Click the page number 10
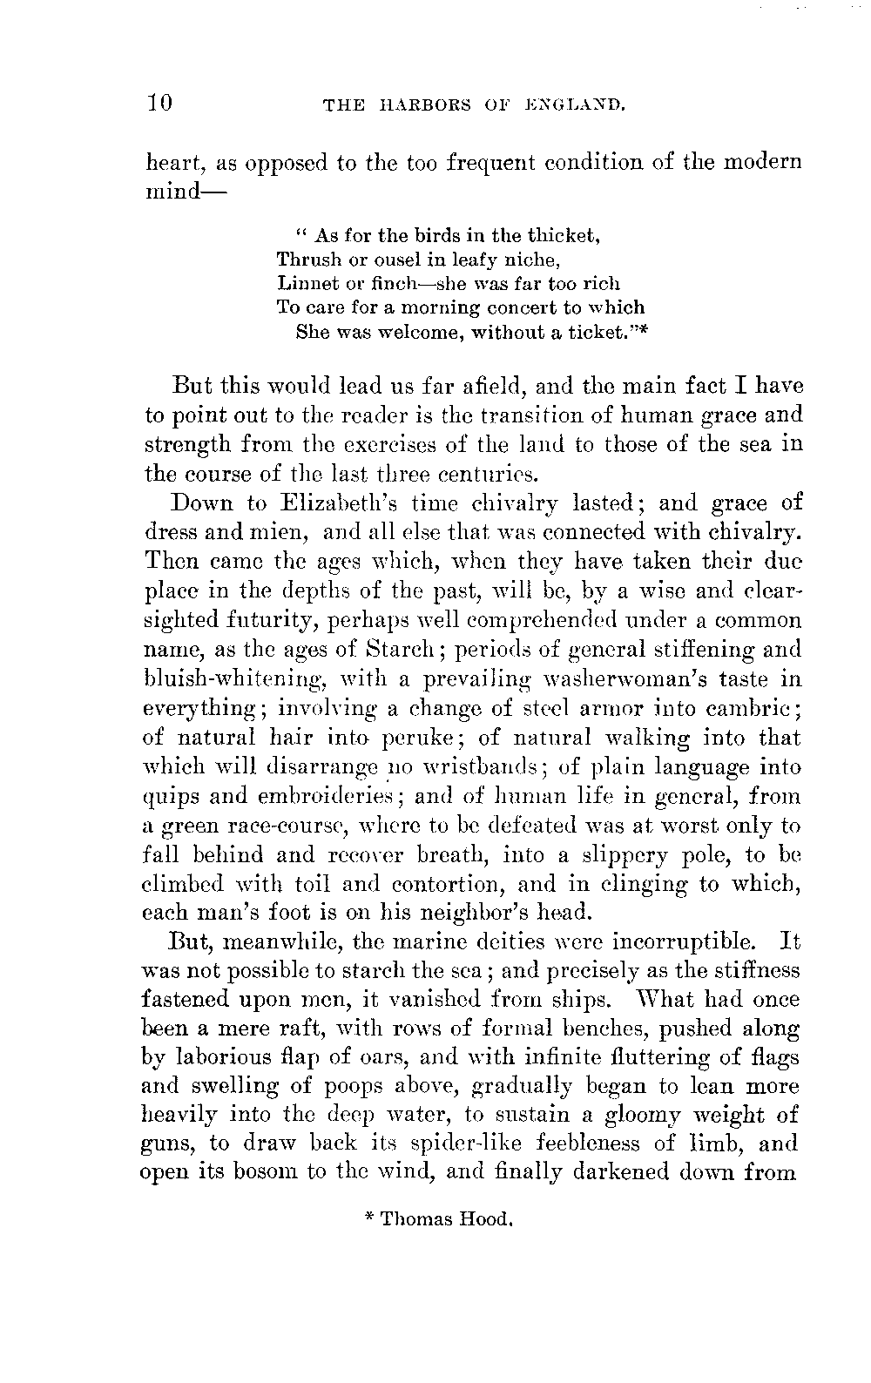[x=161, y=105]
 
